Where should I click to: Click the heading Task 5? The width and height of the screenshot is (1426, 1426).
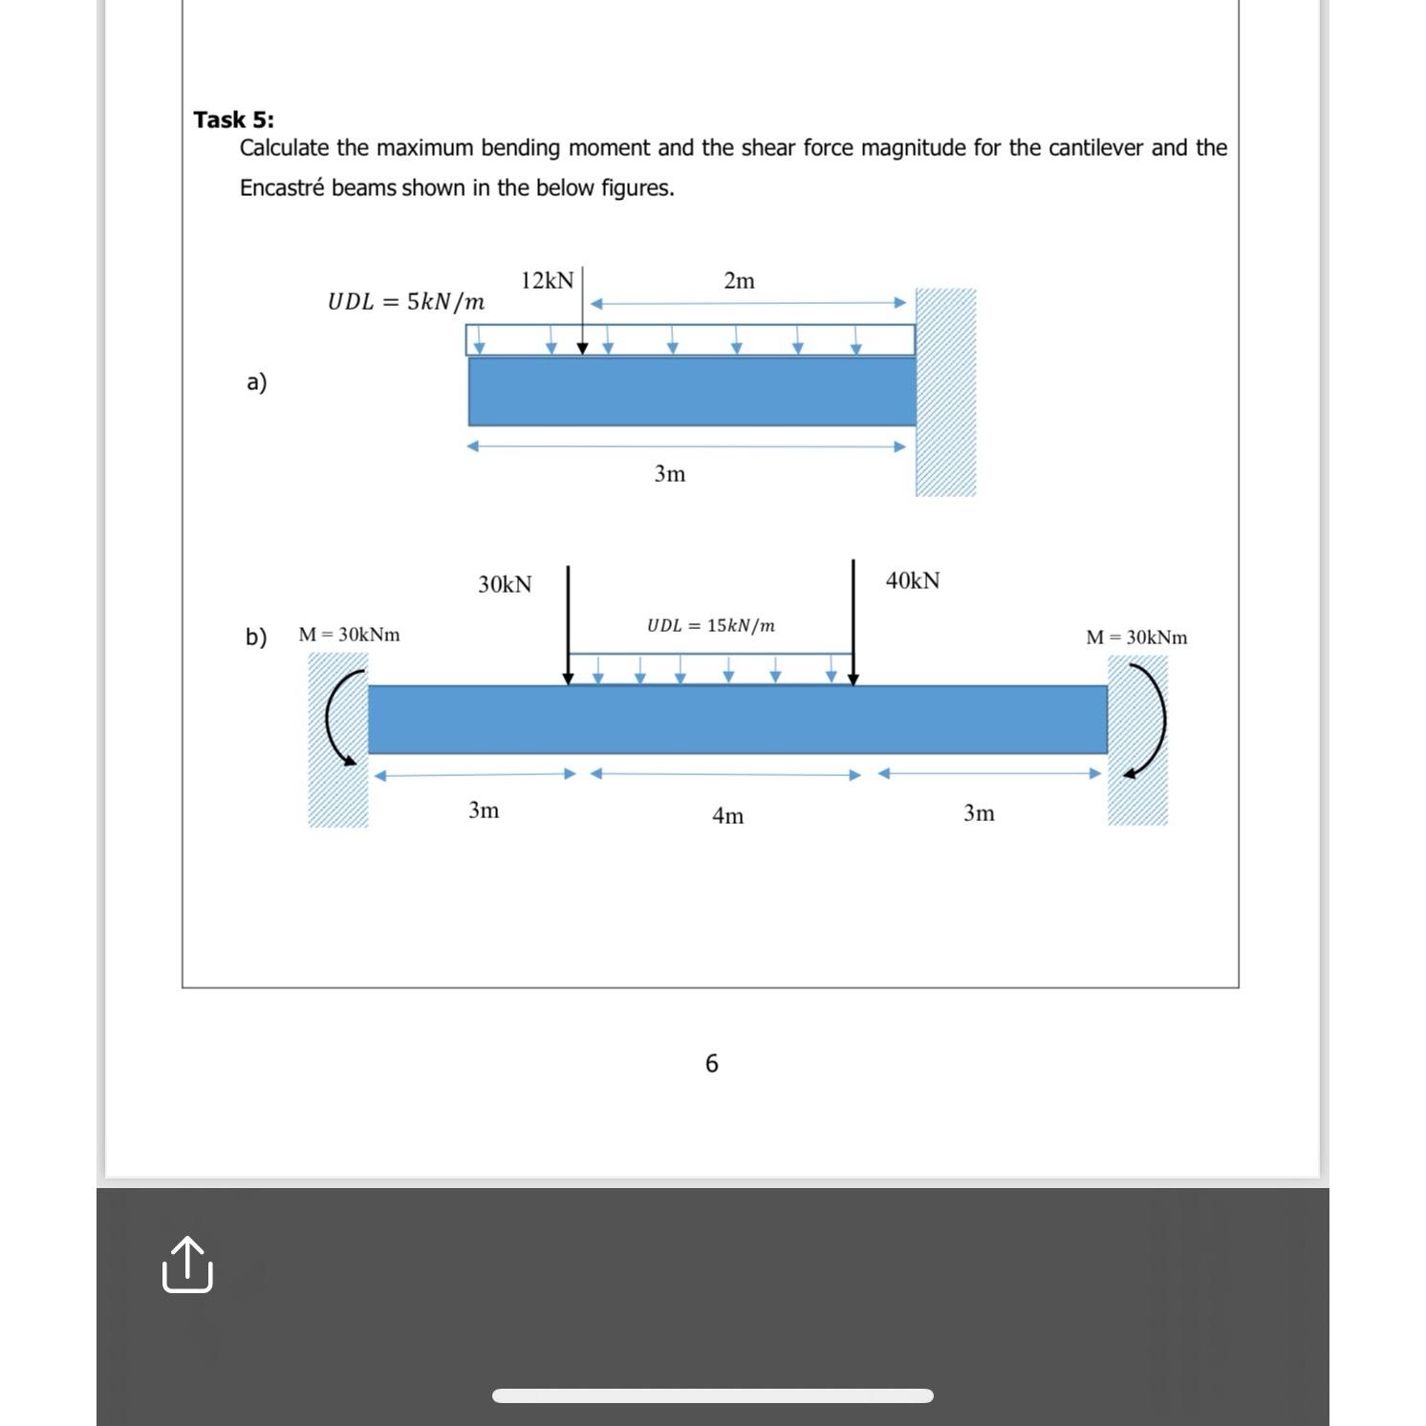tap(233, 119)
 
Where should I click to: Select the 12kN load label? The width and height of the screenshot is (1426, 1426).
tap(547, 280)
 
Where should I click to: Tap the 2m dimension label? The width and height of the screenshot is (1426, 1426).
tap(739, 280)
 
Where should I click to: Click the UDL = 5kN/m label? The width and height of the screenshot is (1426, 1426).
tap(405, 302)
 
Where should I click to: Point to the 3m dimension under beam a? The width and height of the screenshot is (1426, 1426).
tap(669, 473)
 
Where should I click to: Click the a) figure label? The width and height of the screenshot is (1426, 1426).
tap(256, 382)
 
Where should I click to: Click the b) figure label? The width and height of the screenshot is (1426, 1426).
tap(256, 637)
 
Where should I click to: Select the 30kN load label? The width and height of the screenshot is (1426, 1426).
tap(505, 584)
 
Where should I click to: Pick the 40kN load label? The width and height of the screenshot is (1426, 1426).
tap(913, 580)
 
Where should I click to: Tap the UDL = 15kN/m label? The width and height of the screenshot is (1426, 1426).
tap(710, 626)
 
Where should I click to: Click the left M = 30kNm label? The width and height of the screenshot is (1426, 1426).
tap(349, 635)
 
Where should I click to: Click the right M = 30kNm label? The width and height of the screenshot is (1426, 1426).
tap(1136, 637)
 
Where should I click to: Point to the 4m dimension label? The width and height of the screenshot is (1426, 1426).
tap(727, 815)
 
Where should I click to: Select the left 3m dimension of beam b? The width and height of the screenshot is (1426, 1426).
tap(484, 810)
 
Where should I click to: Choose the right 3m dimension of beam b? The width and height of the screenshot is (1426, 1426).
tap(979, 812)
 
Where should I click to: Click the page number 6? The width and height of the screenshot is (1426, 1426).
tap(711, 1063)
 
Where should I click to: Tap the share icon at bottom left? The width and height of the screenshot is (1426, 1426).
tap(187, 1265)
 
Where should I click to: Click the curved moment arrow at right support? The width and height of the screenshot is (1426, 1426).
tap(1152, 719)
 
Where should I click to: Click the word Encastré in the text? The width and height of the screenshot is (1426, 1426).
tap(282, 188)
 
